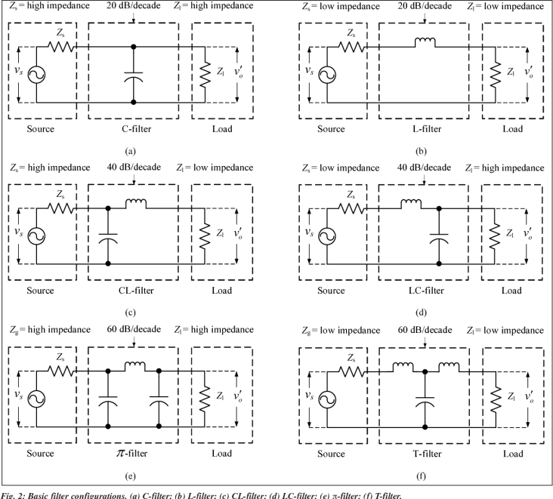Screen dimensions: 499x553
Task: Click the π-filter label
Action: coord(134,454)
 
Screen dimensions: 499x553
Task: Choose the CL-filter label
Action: coord(134,291)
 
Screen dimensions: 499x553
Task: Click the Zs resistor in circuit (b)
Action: coord(351,46)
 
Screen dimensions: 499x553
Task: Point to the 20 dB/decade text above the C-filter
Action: coord(134,6)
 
